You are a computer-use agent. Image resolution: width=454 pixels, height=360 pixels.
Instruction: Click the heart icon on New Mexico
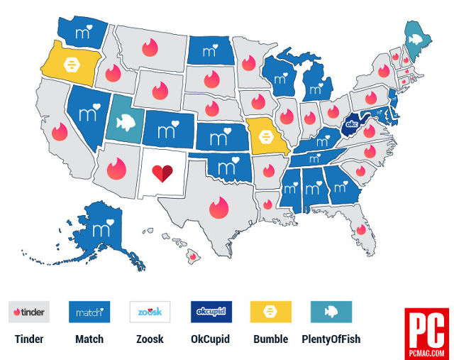click(x=162, y=173)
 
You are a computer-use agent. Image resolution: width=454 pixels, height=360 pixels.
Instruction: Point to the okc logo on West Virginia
click(x=351, y=126)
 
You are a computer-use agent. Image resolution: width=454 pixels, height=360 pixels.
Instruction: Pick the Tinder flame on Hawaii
click(x=192, y=256)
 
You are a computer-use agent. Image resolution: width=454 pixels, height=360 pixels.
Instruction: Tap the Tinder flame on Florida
click(x=361, y=229)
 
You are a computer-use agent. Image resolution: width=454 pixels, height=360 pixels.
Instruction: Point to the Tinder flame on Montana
click(x=149, y=48)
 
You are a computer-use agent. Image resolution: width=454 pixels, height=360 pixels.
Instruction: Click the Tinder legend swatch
click(x=29, y=312)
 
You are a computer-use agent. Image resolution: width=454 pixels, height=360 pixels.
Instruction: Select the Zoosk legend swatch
click(x=150, y=312)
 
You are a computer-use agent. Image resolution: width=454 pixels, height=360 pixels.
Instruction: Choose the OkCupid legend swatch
click(x=211, y=312)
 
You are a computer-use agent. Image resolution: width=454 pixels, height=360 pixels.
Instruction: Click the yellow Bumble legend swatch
click(x=271, y=312)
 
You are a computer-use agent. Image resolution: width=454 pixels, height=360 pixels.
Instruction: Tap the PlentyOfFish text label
click(x=331, y=339)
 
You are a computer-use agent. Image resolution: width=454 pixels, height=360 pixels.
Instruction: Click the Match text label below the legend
click(x=89, y=339)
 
